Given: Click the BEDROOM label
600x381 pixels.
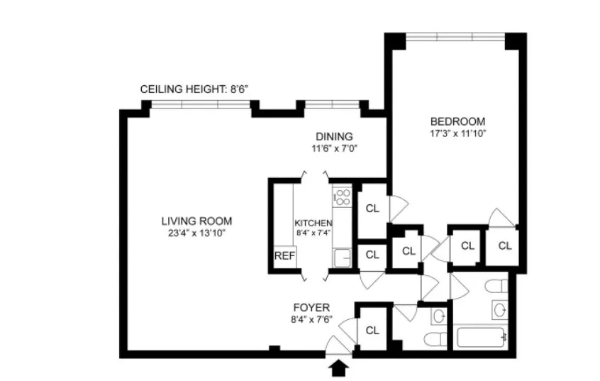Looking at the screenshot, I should coord(457,121).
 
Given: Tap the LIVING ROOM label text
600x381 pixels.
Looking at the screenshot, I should coord(196,221).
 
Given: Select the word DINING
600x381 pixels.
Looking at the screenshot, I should coord(334,137).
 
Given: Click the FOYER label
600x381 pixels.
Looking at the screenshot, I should coord(311,308).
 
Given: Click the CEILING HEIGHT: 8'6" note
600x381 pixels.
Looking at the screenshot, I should coord(194,89).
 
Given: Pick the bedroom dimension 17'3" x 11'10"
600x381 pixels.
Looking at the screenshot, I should coord(457,133).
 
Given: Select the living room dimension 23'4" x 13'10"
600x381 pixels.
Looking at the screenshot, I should coord(196,233).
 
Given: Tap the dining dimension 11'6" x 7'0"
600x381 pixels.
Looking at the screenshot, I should coord(334,149).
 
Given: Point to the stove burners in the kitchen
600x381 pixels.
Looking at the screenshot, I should coord(342,197).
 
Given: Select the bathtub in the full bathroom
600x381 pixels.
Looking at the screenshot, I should coord(482,337).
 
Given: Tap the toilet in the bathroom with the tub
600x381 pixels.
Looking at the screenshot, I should coord(498,286).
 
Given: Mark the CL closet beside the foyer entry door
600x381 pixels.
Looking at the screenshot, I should coord(372,330).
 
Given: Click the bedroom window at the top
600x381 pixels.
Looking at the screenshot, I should coord(456,37).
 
